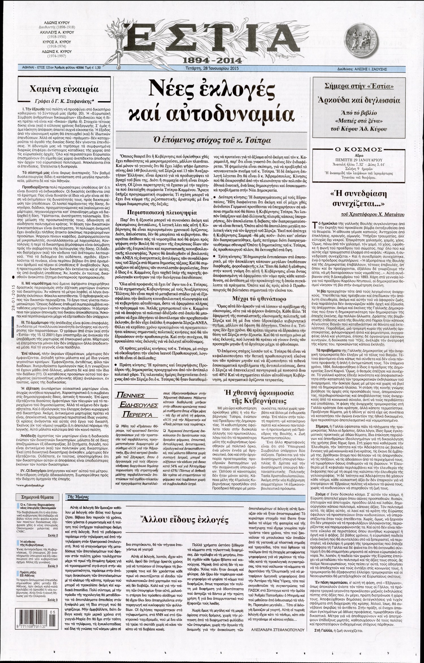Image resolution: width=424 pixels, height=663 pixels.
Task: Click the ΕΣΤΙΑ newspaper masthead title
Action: (x=212, y=38)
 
